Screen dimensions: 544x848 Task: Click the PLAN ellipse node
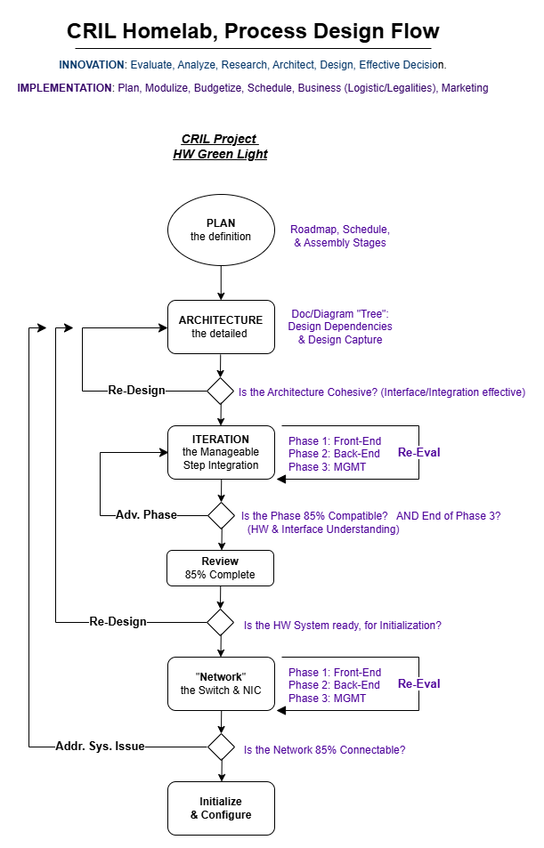[221, 230]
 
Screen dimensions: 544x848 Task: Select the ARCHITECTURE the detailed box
[221, 327]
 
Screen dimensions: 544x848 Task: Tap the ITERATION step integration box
[221, 452]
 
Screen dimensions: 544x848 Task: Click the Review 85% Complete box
[220, 568]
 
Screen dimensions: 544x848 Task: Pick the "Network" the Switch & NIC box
[221, 683]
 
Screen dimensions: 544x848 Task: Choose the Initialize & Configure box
[221, 808]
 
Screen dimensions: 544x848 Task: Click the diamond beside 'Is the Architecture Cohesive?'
[220, 391]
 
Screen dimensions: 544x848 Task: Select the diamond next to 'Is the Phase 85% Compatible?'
[222, 515]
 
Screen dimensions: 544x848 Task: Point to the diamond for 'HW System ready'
[220, 622]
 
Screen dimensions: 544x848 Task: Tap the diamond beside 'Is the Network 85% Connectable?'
[222, 747]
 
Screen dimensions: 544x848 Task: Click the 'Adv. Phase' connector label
[146, 515]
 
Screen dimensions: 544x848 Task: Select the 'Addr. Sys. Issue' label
[100, 747]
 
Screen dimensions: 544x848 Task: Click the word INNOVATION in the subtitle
[92, 65]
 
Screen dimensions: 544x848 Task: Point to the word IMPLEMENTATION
[64, 88]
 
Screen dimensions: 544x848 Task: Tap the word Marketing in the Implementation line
[465, 88]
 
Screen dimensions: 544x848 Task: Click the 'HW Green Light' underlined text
[220, 154]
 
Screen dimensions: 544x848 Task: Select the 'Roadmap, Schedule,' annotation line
[340, 230]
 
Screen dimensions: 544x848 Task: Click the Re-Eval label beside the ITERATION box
[419, 452]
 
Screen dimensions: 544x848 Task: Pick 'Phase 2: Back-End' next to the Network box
[334, 684]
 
